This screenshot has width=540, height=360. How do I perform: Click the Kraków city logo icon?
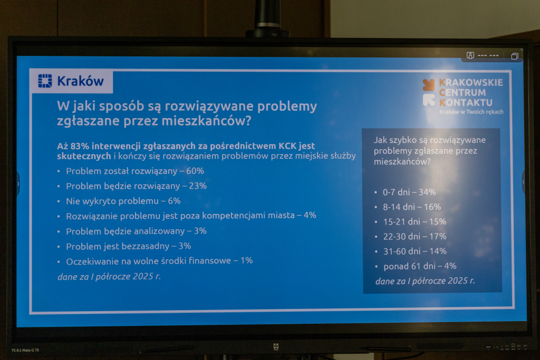(45, 81)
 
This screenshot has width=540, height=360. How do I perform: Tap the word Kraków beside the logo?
(80, 81)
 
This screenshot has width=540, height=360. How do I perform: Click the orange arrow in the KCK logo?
(429, 85)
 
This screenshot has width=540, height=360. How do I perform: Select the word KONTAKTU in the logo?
(466, 103)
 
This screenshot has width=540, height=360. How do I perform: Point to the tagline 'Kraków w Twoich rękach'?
(471, 112)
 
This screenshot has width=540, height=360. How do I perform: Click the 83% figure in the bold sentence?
(80, 146)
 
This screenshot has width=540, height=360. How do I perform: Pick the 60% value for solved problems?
(195, 171)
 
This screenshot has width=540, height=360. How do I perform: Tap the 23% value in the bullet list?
(198, 186)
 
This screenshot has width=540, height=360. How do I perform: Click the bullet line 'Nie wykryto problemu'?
(123, 201)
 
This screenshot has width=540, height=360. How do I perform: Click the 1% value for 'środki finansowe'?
(247, 260)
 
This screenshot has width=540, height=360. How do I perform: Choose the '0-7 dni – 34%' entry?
(409, 192)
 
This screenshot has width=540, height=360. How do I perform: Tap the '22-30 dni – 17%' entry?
(414, 237)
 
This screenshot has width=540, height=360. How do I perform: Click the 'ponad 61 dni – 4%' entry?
(420, 266)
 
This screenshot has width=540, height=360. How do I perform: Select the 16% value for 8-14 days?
(432, 207)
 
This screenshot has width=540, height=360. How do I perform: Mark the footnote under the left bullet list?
(109, 277)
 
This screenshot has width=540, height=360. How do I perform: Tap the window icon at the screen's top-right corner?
(515, 56)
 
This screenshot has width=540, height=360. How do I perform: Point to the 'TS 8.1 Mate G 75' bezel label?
(25, 351)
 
